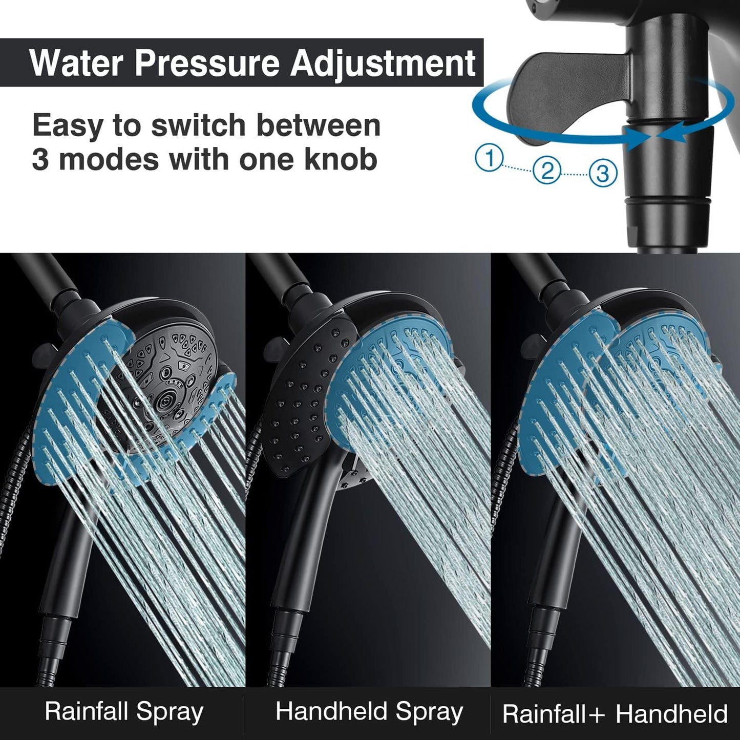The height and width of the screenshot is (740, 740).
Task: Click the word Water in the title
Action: click(x=76, y=63)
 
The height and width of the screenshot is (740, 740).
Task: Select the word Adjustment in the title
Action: click(x=383, y=63)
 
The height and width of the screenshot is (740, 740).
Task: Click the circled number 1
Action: click(x=490, y=158)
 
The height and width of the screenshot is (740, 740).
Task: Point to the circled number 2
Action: click(x=547, y=170)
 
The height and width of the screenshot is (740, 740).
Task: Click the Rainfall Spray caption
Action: click(x=123, y=712)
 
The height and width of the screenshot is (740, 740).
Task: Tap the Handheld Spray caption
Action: click(x=369, y=712)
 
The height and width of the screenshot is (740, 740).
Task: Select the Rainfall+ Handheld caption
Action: click(x=615, y=713)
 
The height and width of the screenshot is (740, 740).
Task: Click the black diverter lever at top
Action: click(x=568, y=97)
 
